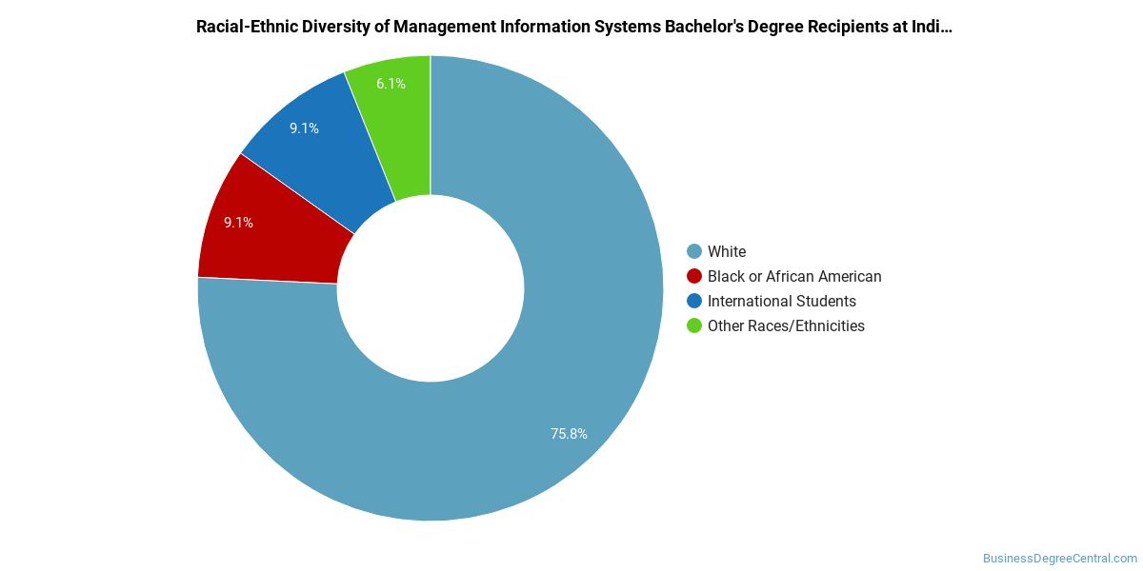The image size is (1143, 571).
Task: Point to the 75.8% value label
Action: click(569, 434)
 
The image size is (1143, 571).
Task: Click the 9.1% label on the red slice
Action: click(238, 223)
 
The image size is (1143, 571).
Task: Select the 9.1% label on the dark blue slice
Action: click(304, 128)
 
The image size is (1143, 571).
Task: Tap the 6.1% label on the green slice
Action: click(391, 84)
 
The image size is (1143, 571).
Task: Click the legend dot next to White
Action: click(694, 251)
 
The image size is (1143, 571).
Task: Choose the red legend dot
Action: click(694, 276)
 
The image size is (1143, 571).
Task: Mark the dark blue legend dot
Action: click(694, 301)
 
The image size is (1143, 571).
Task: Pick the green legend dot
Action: click(694, 325)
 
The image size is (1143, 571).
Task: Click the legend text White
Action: click(727, 251)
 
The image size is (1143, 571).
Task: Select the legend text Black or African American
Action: click(794, 276)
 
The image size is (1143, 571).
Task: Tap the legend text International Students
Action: click(782, 301)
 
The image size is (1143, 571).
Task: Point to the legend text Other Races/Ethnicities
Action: click(786, 325)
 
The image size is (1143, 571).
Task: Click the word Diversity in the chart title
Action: click(323, 27)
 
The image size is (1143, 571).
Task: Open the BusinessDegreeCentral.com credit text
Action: click(1060, 559)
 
